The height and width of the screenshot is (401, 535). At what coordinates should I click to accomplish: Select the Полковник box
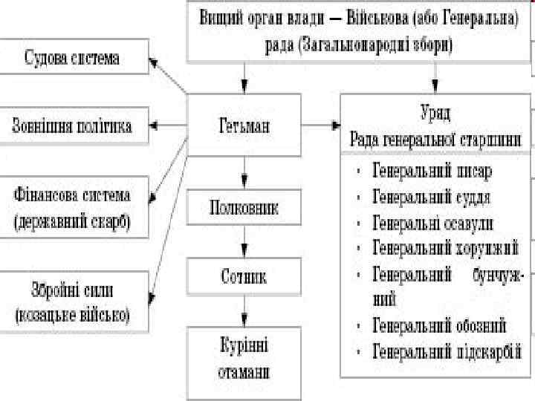[243, 208]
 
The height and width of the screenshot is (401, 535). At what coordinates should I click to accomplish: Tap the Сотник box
[243, 277]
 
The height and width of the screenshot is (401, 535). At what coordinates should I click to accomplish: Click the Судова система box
[72, 56]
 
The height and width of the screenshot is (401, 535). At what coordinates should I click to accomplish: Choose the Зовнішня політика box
[72, 125]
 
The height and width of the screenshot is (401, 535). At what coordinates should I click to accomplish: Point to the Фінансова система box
[72, 209]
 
